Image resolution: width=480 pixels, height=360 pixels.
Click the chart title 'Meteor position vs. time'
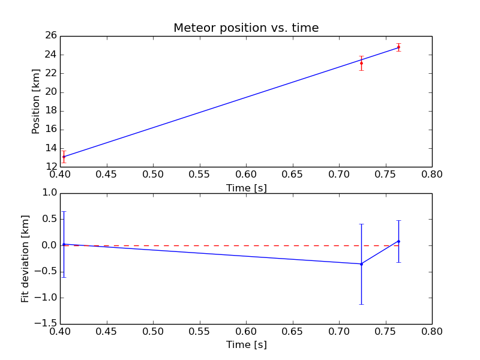pyautogui.click(x=246, y=28)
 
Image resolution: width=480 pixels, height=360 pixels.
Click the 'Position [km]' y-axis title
pyautogui.click(x=36, y=101)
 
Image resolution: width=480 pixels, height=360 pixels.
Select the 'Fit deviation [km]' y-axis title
pyautogui.click(x=25, y=259)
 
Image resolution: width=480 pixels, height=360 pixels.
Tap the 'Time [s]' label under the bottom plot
pyautogui.click(x=246, y=345)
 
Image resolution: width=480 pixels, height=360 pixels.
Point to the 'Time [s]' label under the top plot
pyautogui.click(x=246, y=188)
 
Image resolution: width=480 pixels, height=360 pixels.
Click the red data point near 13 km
pyautogui.click(x=64, y=157)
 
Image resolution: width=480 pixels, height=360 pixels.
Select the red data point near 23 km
pyautogui.click(x=361, y=63)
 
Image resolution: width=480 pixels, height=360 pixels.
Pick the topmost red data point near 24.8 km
pyautogui.click(x=398, y=47)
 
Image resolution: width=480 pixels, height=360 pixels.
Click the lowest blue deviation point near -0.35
pyautogui.click(x=361, y=264)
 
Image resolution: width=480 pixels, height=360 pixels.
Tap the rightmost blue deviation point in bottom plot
pyautogui.click(x=398, y=241)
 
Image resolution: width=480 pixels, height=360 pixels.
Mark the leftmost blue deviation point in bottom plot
pyautogui.click(x=64, y=244)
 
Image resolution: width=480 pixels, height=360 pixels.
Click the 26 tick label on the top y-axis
pyautogui.click(x=50, y=35)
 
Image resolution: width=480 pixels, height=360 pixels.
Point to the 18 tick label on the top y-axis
pyautogui.click(x=50, y=110)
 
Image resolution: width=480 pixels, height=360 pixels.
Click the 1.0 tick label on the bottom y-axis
pyautogui.click(x=50, y=193)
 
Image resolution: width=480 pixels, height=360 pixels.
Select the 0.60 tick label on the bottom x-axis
pyautogui.click(x=246, y=332)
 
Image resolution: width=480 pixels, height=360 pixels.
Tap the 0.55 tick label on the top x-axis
pyautogui.click(x=199, y=175)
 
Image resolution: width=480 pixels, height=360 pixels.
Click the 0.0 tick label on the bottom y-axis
pyautogui.click(x=50, y=245)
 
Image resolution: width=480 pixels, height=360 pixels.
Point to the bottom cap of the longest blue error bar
pyautogui.click(x=361, y=304)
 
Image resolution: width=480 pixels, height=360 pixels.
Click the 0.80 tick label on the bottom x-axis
pyautogui.click(x=431, y=332)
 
